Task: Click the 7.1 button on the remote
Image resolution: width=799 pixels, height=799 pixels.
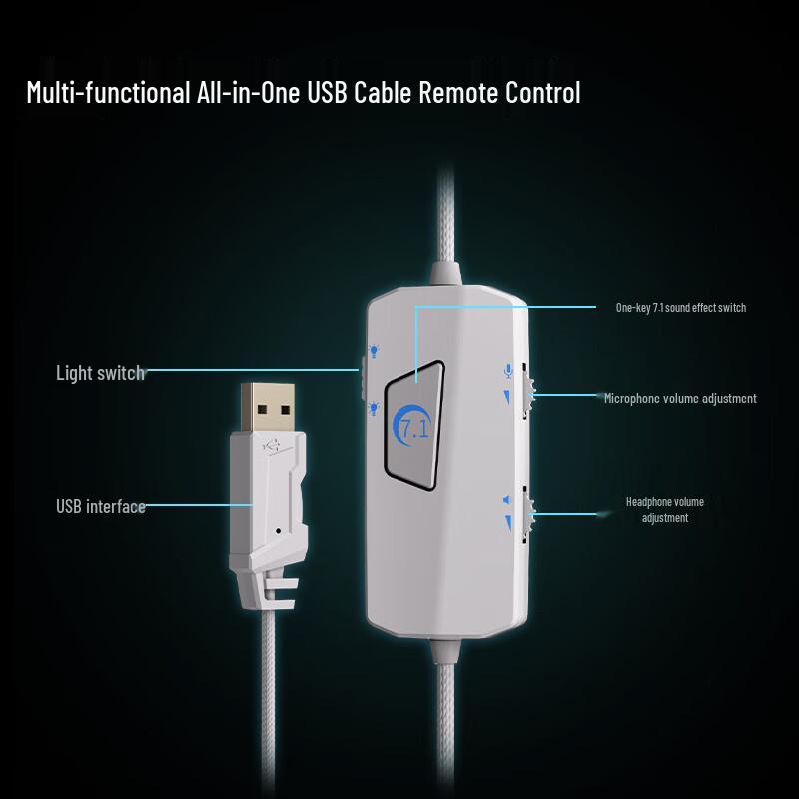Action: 413,425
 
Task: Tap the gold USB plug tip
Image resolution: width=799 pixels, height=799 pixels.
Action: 268,408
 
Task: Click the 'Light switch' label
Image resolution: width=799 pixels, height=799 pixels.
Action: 101,373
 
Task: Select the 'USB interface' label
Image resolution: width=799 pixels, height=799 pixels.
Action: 101,507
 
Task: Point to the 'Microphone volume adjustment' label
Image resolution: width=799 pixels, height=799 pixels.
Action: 680,399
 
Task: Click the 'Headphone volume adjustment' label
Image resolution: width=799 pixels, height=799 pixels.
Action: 665,510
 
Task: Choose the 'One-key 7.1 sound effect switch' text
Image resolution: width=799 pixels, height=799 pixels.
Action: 681,308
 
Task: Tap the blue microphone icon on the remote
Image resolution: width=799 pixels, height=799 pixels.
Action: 508,370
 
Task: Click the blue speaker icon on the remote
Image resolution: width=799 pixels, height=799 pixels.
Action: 506,500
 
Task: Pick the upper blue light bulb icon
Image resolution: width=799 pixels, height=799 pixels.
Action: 374,351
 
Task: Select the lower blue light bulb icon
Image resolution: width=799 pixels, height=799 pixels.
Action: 374,408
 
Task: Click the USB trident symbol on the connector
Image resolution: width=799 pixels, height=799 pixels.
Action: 272,446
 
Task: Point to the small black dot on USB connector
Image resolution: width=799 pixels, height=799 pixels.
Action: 278,531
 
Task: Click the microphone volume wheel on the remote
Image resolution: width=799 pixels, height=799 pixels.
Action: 528,392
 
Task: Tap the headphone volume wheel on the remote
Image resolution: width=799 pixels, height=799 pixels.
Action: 528,514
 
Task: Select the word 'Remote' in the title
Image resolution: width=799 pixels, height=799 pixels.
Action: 458,92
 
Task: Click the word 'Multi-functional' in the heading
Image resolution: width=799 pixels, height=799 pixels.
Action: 108,92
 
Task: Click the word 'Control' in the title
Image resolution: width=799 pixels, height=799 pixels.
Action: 543,92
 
